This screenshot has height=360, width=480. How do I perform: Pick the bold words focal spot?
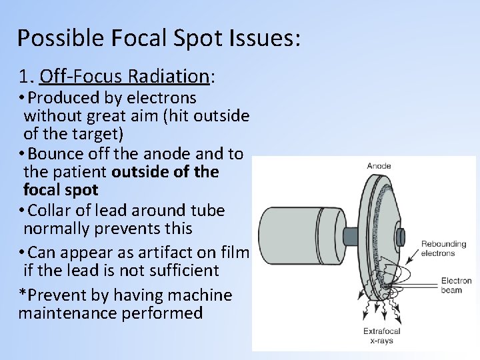coord(61,191)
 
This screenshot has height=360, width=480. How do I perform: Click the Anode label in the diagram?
coord(379,166)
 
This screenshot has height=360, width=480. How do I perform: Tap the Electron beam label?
coord(456,285)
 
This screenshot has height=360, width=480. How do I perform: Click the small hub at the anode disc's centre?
coord(400,236)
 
